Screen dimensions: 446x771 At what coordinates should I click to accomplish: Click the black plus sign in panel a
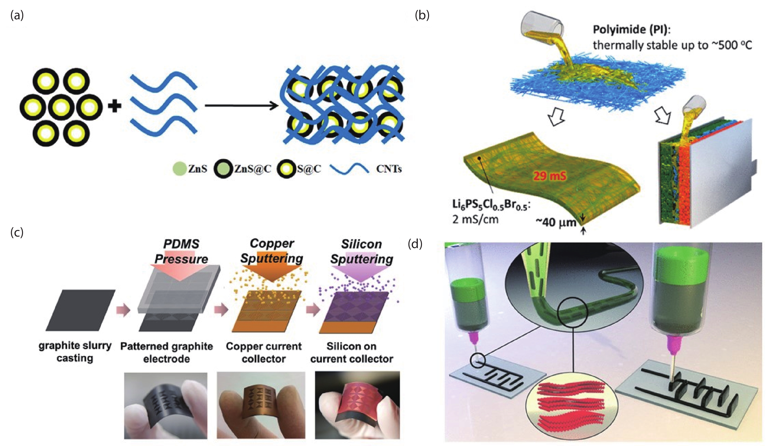115,106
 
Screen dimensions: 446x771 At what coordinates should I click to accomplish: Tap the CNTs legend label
389,169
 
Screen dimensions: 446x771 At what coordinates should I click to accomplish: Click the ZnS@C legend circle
223,169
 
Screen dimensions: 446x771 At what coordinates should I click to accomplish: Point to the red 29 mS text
549,176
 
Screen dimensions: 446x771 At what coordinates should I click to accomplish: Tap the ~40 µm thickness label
556,222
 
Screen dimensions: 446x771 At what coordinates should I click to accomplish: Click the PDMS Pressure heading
181,252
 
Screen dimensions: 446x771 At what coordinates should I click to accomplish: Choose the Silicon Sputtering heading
362,252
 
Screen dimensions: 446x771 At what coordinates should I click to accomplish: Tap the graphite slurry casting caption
75,352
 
